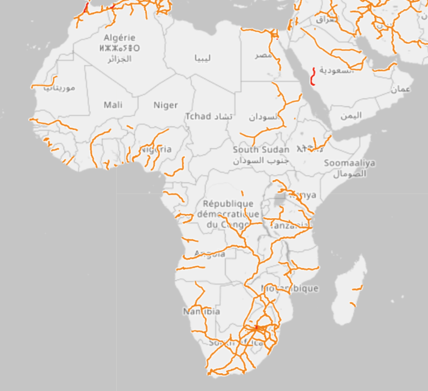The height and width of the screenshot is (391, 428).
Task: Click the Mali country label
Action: [x=113, y=105]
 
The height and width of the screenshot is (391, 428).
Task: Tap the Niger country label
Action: [x=165, y=105]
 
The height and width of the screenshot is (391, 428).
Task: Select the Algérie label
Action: [x=119, y=37]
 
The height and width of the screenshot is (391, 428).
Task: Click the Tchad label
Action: [x=198, y=116]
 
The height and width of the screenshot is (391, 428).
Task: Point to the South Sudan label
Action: [x=261, y=149]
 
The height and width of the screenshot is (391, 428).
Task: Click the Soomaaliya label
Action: [x=350, y=163]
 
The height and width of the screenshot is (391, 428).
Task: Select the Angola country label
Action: [x=210, y=254]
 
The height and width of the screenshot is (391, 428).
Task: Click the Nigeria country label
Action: [x=156, y=149]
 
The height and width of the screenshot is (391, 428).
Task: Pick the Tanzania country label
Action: [x=289, y=225]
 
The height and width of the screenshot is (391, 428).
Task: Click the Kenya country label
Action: [x=302, y=195]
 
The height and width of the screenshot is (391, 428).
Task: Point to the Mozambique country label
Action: [x=290, y=288]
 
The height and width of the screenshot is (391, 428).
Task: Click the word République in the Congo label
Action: [x=228, y=204]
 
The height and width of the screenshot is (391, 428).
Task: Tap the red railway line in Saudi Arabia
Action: [x=314, y=76]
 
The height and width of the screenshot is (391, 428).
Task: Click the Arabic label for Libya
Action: [x=202, y=58]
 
